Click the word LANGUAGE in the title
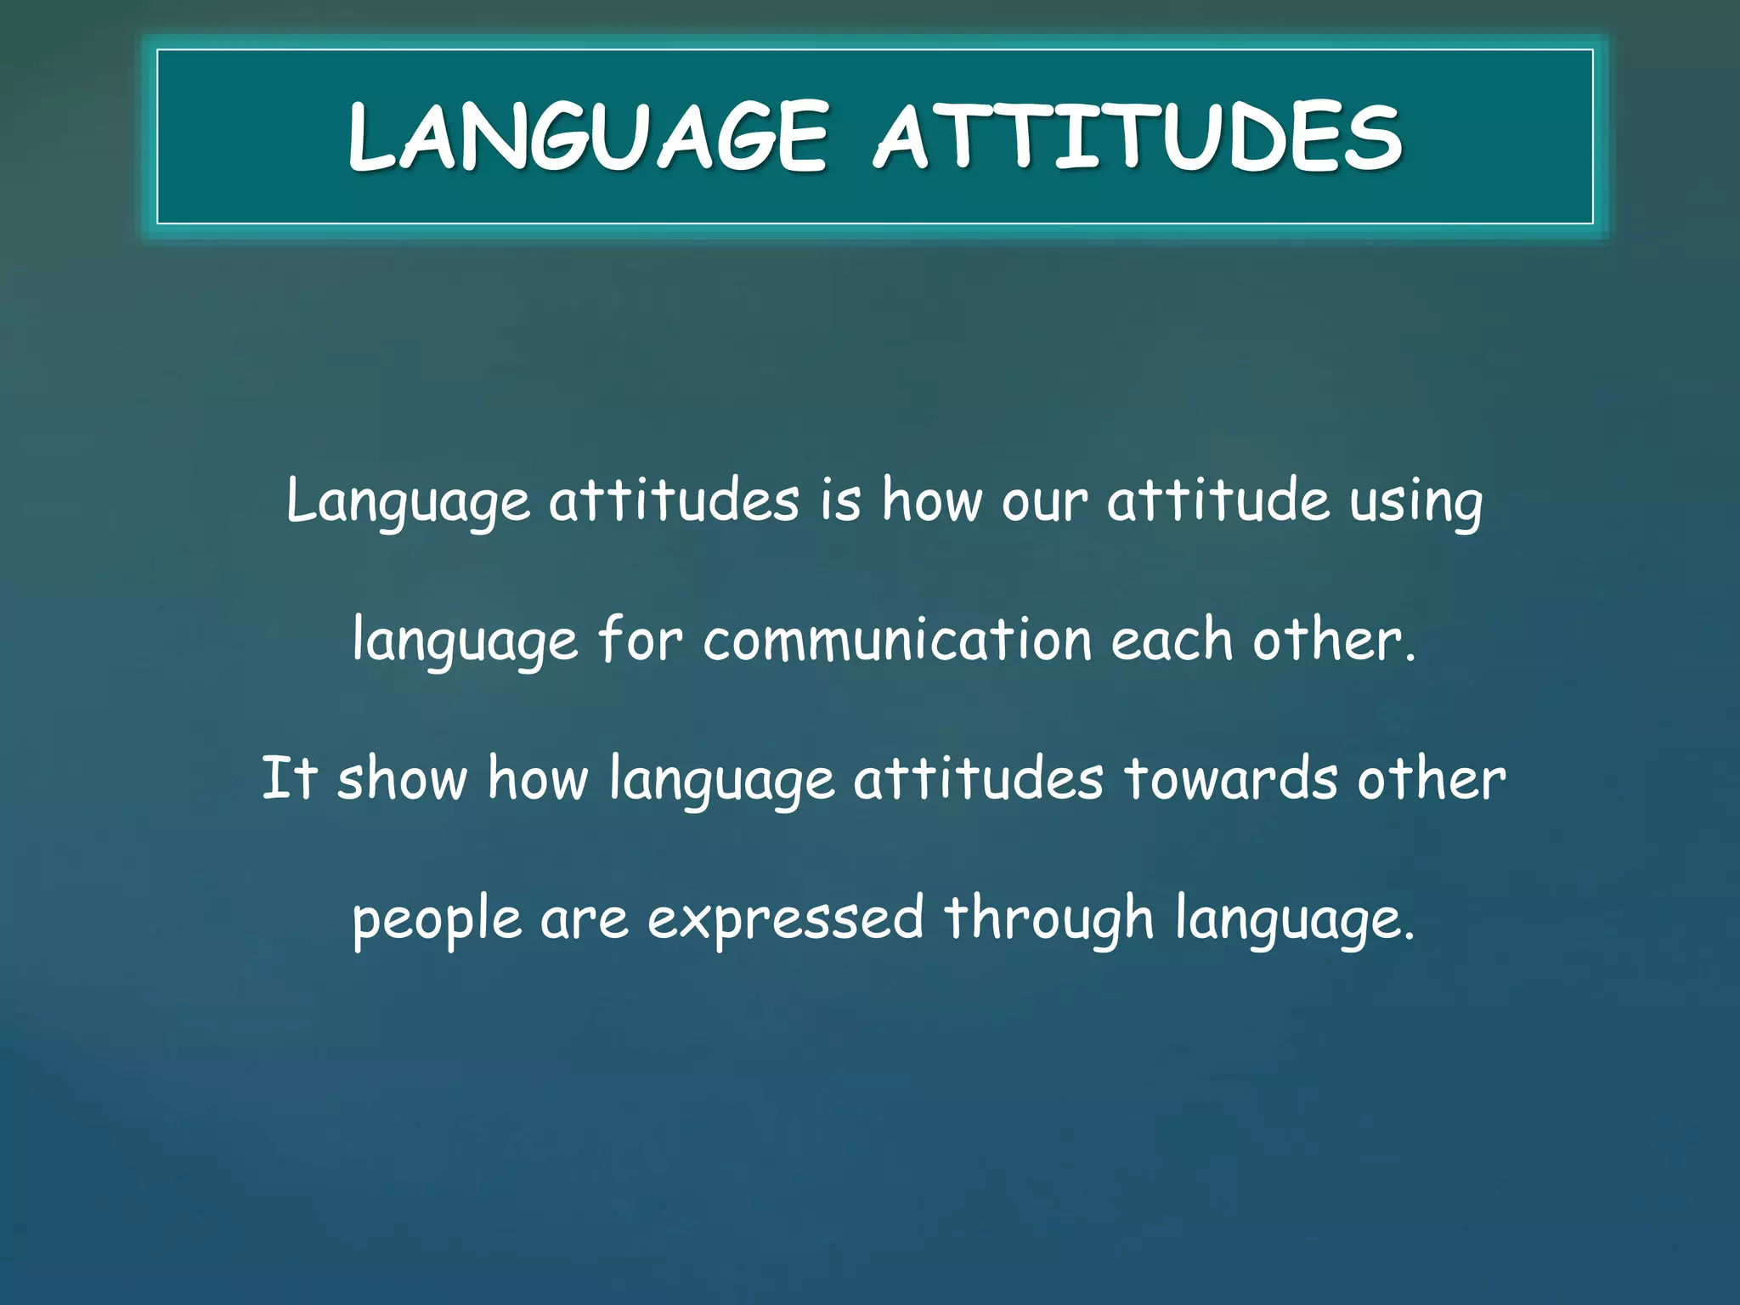587,136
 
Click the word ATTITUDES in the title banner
1138,136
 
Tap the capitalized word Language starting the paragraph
408,501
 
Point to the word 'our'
1043,501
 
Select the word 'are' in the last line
584,920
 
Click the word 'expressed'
785,920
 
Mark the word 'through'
1048,920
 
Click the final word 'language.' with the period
1295,920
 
